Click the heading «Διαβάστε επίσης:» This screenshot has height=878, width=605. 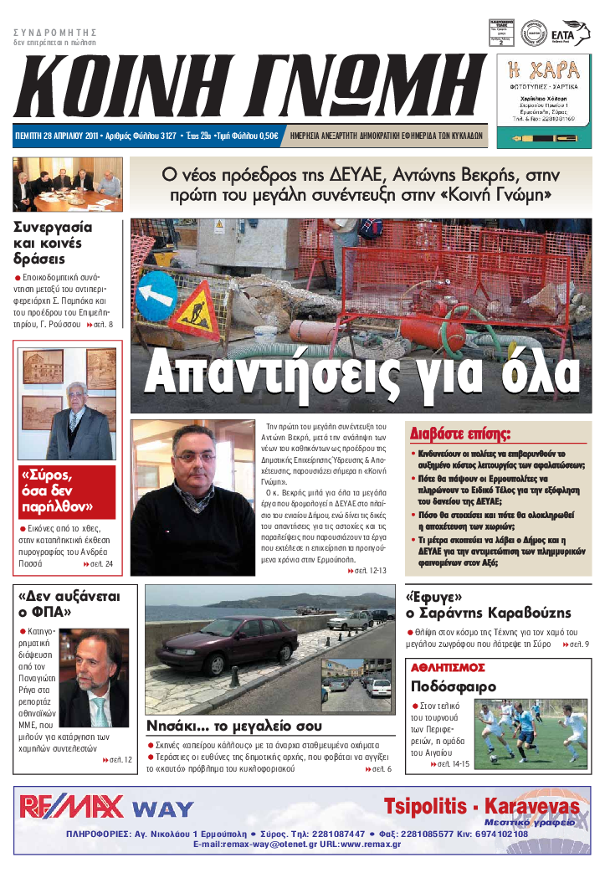coord(460,434)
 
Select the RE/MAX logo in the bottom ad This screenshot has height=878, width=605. coord(71,806)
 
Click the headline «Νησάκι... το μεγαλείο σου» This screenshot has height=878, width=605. coord(233,726)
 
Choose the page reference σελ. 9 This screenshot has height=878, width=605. coord(578,644)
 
